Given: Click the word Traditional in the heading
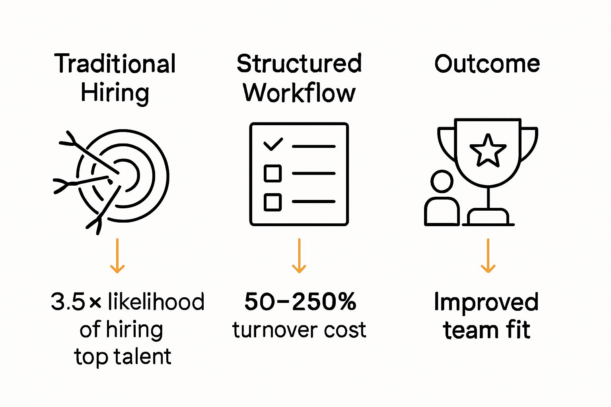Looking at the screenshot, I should pos(115,64).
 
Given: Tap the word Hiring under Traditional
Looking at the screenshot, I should pos(115,93).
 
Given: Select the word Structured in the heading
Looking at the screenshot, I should pos(299,64).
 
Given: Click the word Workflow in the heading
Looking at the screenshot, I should pos(299,93).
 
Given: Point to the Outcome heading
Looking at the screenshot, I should pos(487,64).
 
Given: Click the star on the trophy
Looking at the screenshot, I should pos(488,150).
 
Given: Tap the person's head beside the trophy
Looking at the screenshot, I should pos(442,182).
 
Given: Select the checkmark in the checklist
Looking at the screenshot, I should pos(273,144).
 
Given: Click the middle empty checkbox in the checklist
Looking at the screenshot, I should pos(273,174).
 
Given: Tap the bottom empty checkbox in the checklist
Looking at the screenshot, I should pos(273,202).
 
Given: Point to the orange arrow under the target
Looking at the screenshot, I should pos(117,256).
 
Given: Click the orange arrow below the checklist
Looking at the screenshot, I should pos(299,256).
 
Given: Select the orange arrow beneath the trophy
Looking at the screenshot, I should pos(488,256).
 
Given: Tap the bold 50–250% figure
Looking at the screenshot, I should pos(300,302).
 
